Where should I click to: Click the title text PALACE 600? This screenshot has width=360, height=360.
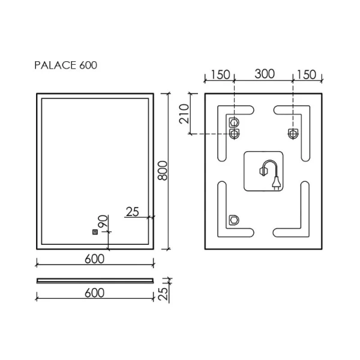(65, 65)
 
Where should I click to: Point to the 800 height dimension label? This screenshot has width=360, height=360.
(164, 170)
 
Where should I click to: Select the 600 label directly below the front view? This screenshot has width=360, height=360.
(94, 259)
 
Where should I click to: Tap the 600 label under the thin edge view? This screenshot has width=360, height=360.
(94, 293)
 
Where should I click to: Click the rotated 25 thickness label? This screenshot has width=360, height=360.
(163, 294)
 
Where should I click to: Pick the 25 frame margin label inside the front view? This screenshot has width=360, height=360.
(133, 212)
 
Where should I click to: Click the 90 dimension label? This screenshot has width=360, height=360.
(103, 221)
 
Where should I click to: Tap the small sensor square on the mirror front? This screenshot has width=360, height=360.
(95, 232)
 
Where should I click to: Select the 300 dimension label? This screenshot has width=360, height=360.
(265, 74)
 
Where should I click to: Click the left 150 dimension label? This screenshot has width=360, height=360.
(220, 75)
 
